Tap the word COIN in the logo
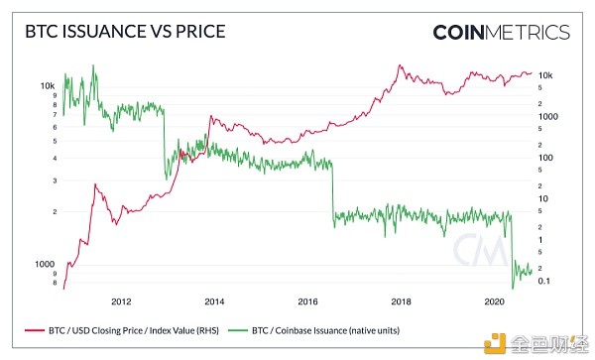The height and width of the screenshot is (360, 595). pyautogui.click(x=466, y=32)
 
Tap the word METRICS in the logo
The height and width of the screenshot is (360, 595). pyautogui.click(x=535, y=32)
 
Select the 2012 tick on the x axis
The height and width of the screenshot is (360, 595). pyautogui.click(x=120, y=300)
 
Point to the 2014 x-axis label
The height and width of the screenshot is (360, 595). pyautogui.click(x=213, y=300)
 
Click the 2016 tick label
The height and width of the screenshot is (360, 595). pyautogui.click(x=307, y=300)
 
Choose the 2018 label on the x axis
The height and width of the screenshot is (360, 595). pyautogui.click(x=402, y=300)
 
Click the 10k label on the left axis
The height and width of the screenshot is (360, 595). pyautogui.click(x=47, y=86)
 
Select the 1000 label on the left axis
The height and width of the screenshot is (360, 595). pyautogui.click(x=45, y=264)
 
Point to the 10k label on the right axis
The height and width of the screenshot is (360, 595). pyautogui.click(x=546, y=75)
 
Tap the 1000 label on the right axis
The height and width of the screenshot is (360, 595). pyautogui.click(x=548, y=116)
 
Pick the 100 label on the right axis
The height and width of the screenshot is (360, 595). pyautogui.click(x=546, y=158)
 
